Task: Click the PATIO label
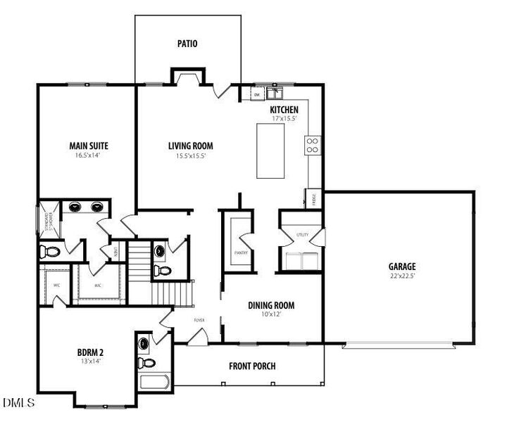pos(187,44)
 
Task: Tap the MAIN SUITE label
pos(89,146)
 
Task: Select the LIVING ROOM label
pos(190,146)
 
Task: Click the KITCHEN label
pos(284,110)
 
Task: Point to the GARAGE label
pos(402,267)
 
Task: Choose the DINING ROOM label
pos(271,305)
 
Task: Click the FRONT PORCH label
pos(252,366)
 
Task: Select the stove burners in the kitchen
pos(313,145)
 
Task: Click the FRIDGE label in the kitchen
pos(313,198)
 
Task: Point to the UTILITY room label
pos(303,234)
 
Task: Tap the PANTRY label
pos(239,251)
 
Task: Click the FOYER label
pos(199,320)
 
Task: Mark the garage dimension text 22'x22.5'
pos(402,276)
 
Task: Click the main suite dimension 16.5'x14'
pos(89,156)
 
